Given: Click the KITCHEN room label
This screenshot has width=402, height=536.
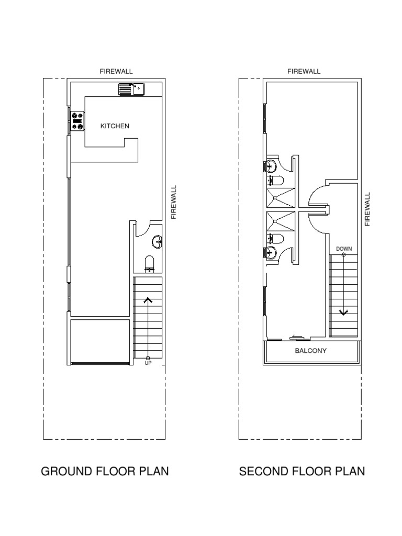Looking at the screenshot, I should point(115,126).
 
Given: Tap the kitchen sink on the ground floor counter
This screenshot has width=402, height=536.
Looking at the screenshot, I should point(131,90).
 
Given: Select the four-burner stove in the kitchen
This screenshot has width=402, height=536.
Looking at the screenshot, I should point(77,121).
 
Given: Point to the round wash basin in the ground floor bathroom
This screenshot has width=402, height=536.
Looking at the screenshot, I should point(157,242).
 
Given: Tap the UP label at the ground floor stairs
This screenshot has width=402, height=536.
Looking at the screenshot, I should point(148,363).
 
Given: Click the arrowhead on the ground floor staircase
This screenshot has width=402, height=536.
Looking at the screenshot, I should point(148,300).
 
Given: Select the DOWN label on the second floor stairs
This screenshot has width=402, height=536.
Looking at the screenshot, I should point(344,249).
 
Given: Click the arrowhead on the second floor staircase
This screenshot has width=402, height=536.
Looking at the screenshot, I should point(344,312).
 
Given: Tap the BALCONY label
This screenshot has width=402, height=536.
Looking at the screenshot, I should point(311,351).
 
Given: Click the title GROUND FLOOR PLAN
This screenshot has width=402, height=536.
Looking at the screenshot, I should point(105,471).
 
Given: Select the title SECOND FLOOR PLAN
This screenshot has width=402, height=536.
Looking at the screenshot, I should point(302,471).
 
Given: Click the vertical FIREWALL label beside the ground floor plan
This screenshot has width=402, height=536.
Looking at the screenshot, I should point(174,202).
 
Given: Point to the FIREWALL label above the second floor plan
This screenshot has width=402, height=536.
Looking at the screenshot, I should point(304,71).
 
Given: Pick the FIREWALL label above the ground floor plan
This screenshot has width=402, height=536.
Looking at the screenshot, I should point(117,71).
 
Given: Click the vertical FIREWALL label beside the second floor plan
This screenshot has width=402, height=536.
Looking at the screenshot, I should point(367,209).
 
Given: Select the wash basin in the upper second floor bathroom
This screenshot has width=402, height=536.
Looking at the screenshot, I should point(272,166).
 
